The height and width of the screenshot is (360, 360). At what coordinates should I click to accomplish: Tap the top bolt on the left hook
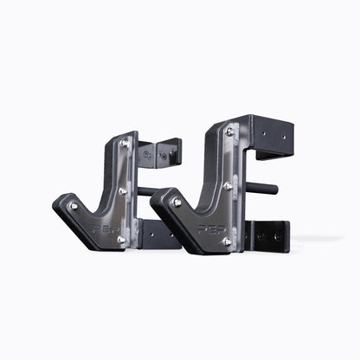[123, 144]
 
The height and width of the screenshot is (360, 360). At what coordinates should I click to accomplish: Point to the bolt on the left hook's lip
[74, 206]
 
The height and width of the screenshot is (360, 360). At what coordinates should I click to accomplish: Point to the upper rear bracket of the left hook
[165, 153]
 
